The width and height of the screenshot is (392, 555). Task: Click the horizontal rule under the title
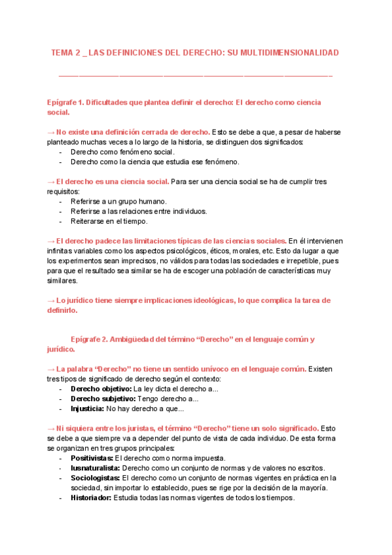coord(196,76)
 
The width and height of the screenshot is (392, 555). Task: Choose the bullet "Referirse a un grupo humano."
coord(118,202)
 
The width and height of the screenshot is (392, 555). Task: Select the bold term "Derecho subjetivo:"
coord(98,399)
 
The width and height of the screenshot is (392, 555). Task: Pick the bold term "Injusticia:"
coord(87,408)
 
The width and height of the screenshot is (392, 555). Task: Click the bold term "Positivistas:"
coord(91,458)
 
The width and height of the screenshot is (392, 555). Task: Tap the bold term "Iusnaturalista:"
coord(94,468)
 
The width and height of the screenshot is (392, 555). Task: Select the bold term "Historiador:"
coord(91,497)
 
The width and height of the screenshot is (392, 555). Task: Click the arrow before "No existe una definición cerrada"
coord(51,132)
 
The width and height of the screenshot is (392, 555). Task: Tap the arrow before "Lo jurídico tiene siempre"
coord(51,300)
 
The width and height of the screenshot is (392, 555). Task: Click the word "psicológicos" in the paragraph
coord(177,251)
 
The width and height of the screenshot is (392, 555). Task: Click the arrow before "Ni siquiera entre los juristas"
coord(51,428)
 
